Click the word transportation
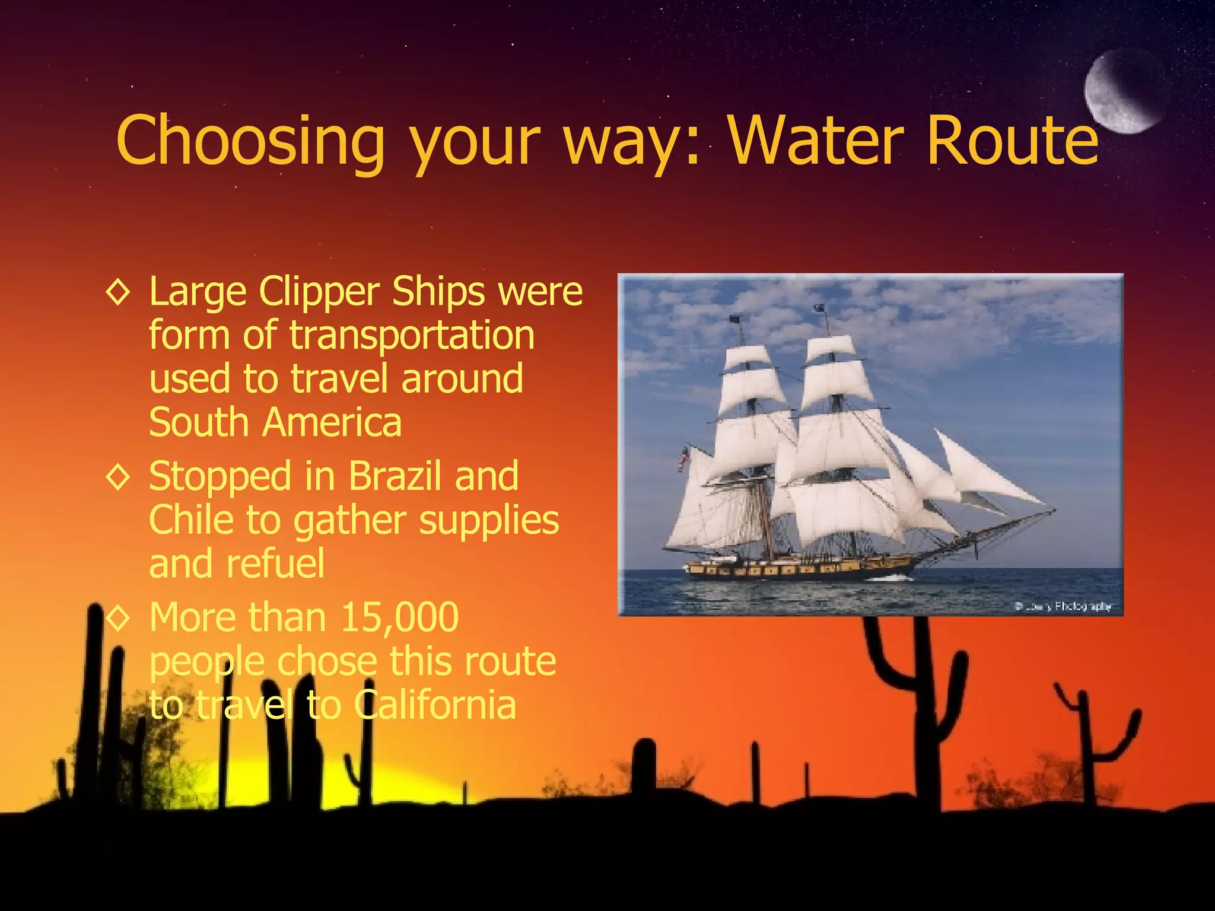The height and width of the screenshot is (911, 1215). (x=412, y=336)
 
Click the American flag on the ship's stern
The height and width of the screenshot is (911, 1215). (x=684, y=459)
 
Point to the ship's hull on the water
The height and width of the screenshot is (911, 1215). (x=795, y=570)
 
